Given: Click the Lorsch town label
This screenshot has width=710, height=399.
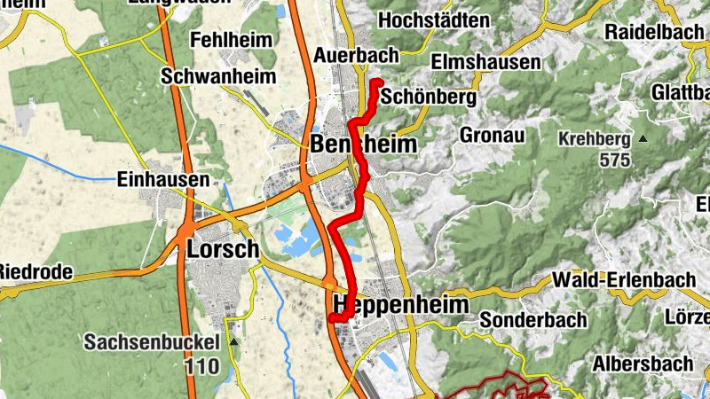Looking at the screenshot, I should click(223, 250).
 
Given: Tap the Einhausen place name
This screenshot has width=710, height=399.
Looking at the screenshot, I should click(163, 179).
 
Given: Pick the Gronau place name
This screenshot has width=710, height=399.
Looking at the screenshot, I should click(493, 135).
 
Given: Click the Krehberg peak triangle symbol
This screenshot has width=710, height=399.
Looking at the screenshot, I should click(643, 139).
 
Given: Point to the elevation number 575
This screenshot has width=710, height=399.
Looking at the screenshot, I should click(613, 160).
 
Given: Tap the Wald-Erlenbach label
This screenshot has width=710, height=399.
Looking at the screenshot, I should click(624, 280).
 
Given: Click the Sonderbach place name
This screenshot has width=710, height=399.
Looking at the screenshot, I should click(533, 319).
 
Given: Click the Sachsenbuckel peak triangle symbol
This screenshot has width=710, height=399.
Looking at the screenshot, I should click(233, 340).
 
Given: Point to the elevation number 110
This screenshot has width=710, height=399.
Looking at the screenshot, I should click(201, 364).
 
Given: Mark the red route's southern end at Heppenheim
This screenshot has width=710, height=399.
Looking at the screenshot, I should click(332, 317).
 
